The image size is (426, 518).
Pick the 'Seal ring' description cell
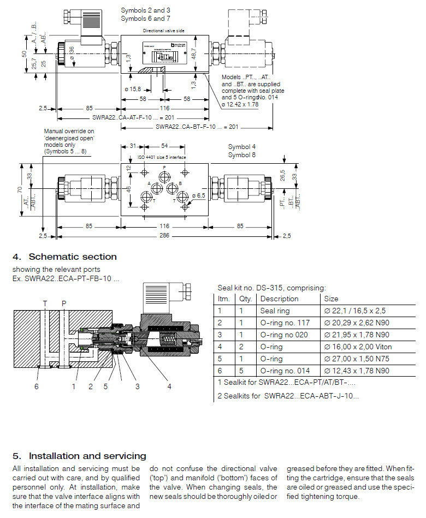[x=274, y=311]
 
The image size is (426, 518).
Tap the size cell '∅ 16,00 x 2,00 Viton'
[x=358, y=347]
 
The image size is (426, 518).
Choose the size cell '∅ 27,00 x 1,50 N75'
[x=357, y=359]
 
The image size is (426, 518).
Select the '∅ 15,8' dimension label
[x=133, y=89]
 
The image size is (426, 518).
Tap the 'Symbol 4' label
[x=241, y=147]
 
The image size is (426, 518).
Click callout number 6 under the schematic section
[x=37, y=386]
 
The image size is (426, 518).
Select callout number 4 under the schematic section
[x=169, y=386]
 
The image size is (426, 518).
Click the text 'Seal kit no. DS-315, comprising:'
[x=271, y=288]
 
